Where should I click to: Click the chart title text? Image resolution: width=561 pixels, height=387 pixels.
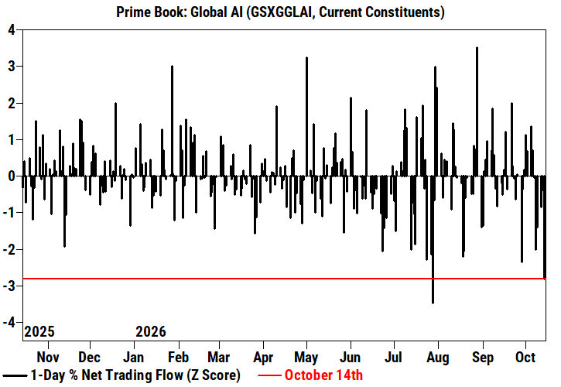(x=280, y=12)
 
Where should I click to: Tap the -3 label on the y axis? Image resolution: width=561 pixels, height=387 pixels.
(x=9, y=286)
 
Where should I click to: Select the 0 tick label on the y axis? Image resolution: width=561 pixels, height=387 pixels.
(x=12, y=176)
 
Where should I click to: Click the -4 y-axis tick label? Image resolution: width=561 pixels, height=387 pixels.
(x=9, y=323)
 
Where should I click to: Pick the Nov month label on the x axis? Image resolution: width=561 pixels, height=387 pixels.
(x=48, y=357)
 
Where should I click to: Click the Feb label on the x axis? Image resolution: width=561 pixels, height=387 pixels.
(x=178, y=357)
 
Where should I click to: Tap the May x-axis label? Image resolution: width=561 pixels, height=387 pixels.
(x=306, y=357)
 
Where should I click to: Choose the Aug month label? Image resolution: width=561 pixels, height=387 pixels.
(x=438, y=357)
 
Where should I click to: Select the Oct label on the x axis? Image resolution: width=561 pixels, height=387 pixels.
(x=525, y=357)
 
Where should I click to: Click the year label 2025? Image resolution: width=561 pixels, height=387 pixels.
(x=39, y=332)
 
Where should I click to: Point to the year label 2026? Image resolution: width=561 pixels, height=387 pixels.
(x=151, y=332)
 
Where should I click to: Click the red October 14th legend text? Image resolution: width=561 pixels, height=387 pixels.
(x=323, y=375)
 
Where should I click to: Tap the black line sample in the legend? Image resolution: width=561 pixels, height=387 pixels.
(x=14, y=375)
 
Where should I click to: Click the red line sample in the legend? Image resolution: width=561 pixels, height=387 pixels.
(x=269, y=375)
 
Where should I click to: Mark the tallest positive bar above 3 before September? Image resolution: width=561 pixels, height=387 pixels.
(x=477, y=111)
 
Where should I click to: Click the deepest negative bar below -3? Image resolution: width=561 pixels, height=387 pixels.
(x=433, y=239)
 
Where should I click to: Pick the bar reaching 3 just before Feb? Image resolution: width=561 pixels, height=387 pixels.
(x=172, y=121)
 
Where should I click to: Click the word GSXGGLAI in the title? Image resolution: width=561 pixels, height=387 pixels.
(x=281, y=12)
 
